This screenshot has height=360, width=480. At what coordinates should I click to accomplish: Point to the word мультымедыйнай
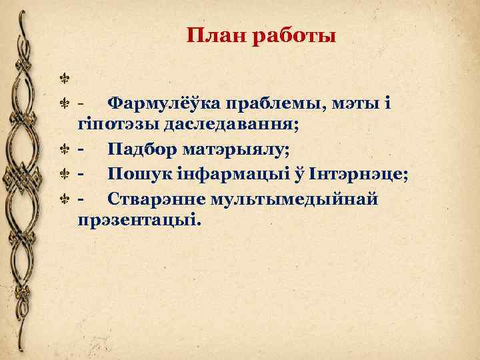293,198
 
